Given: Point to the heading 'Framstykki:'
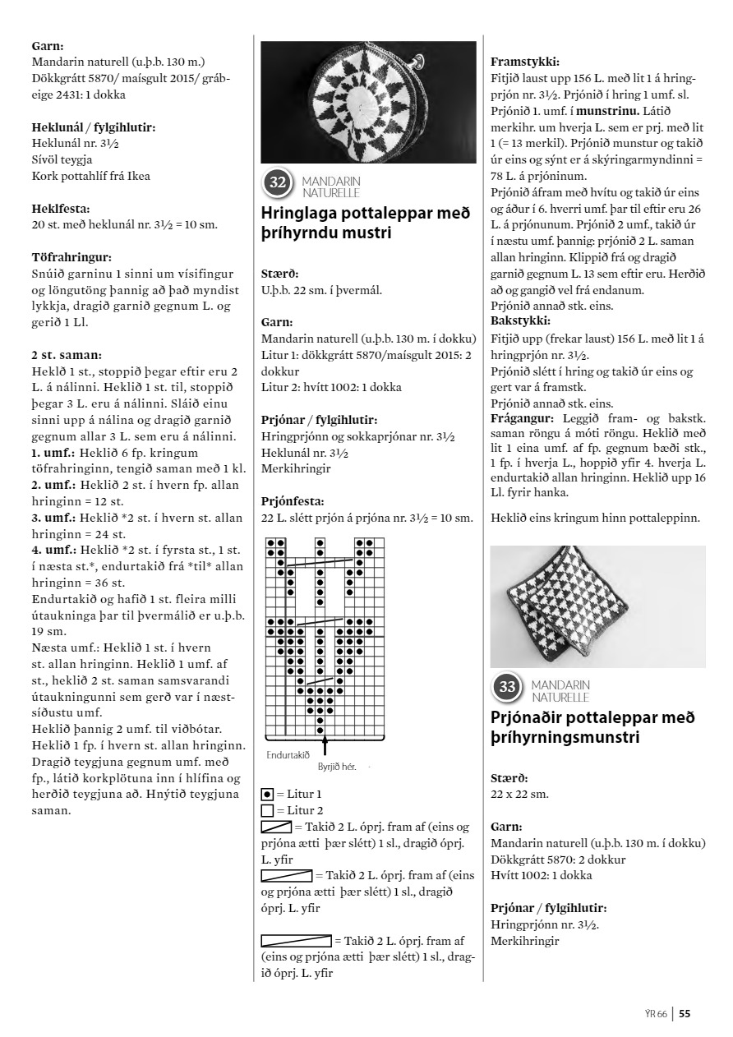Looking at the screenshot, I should (525, 62).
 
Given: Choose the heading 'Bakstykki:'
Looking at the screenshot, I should (520, 320).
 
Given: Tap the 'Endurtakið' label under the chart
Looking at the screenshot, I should (288, 754).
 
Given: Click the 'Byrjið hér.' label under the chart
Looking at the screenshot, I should (336, 766).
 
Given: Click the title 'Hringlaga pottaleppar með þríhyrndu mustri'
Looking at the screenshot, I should (365, 224).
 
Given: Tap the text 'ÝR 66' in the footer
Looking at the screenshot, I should (656, 1013).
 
